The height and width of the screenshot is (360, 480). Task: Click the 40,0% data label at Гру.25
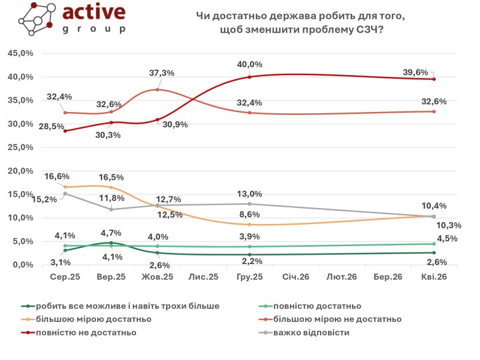point(250,64)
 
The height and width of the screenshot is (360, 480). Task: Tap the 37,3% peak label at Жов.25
point(161,73)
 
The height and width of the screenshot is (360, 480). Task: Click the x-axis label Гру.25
point(250,278)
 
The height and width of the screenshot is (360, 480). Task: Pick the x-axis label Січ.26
point(296,278)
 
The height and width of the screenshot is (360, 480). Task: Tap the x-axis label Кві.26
point(434,278)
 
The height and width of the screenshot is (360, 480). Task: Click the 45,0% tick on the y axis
point(20,54)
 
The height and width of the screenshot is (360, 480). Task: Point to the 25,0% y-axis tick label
point(20,148)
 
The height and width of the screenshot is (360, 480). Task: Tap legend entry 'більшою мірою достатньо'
point(94,319)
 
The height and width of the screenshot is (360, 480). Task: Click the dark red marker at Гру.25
point(250,77)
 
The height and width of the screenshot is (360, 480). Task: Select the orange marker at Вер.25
point(111,187)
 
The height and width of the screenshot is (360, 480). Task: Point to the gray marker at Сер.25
point(65,193)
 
